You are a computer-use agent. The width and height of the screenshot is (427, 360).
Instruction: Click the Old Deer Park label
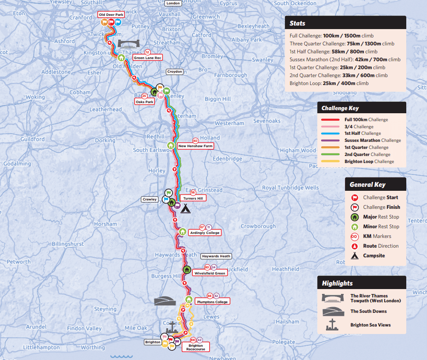[111, 15]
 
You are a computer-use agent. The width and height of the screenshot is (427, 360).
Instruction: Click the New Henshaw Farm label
[195, 146]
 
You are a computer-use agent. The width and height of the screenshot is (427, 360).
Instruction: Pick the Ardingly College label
[204, 233]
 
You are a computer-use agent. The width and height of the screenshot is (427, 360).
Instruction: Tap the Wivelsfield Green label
[210, 273]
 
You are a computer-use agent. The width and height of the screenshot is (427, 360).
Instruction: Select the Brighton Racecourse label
[196, 347]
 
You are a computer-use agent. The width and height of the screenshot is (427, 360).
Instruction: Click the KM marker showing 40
[195, 141]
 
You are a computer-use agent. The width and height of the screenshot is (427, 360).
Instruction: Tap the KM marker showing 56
[193, 193]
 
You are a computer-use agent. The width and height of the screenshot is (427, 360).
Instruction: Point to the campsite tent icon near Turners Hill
[185, 208]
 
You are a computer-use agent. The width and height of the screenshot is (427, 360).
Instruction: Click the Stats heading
[297, 23]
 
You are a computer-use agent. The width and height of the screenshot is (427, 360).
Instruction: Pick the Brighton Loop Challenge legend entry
[368, 162]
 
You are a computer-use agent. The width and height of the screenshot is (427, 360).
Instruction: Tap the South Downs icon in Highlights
[333, 311]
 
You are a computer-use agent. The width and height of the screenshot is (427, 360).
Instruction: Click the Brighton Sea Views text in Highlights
[370, 325]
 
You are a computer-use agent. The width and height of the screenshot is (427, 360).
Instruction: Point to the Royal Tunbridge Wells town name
[290, 188]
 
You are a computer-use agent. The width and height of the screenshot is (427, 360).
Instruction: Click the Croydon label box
[175, 71]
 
